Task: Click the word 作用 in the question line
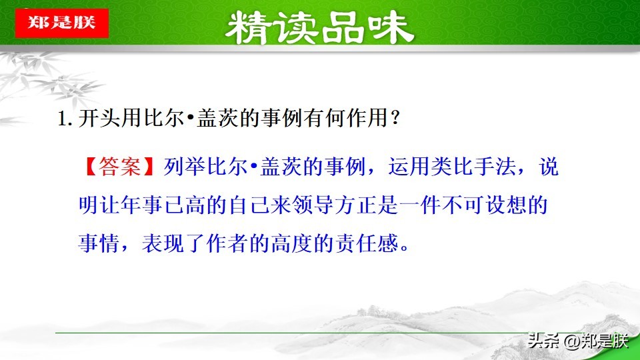(x=364, y=120)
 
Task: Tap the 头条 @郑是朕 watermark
(x=577, y=341)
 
